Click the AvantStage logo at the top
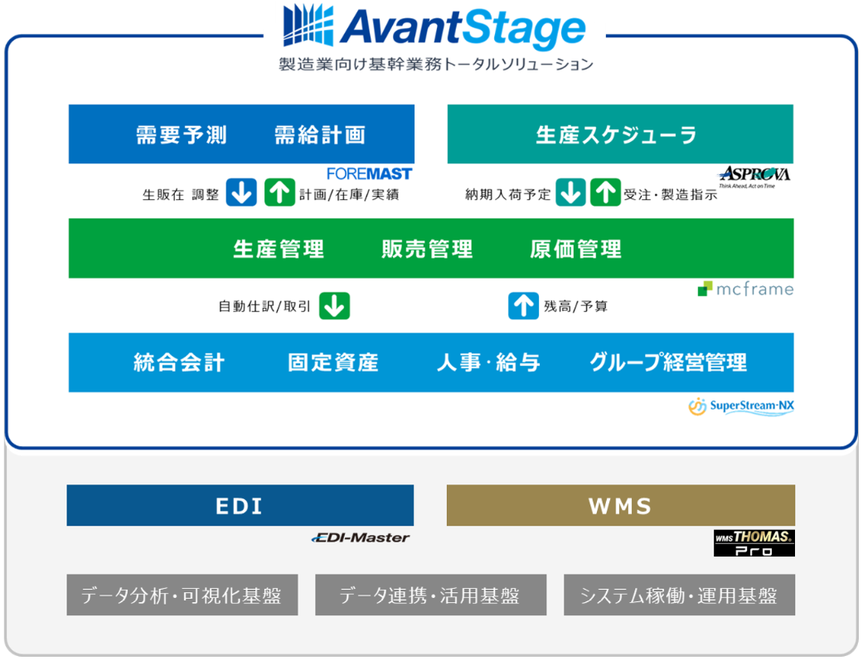(x=434, y=27)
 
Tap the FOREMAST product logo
(x=369, y=174)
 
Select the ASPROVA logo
(x=754, y=176)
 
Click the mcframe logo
(x=745, y=289)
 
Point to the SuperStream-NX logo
(x=741, y=406)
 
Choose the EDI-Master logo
(x=361, y=537)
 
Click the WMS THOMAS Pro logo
(x=754, y=543)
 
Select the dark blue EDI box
(x=240, y=505)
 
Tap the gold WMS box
(x=620, y=505)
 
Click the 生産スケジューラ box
(x=620, y=134)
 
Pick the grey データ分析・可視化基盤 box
(x=182, y=595)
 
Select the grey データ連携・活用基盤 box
(x=430, y=595)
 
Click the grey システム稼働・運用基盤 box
(x=679, y=595)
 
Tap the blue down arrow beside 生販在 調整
(x=241, y=192)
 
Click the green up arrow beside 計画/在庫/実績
(x=279, y=192)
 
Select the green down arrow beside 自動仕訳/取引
(x=334, y=305)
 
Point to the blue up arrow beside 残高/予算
(x=523, y=305)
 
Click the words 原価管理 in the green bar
(x=575, y=249)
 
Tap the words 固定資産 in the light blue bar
(x=333, y=362)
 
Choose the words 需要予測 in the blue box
(x=182, y=134)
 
